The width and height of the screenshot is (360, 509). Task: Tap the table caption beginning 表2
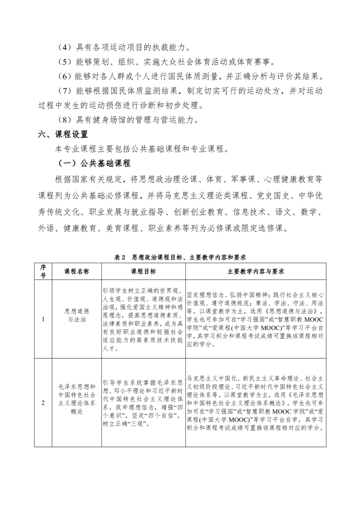pos(180,257)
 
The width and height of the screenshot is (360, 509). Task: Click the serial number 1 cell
pos(43,319)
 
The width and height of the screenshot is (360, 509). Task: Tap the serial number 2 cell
pos(43,402)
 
